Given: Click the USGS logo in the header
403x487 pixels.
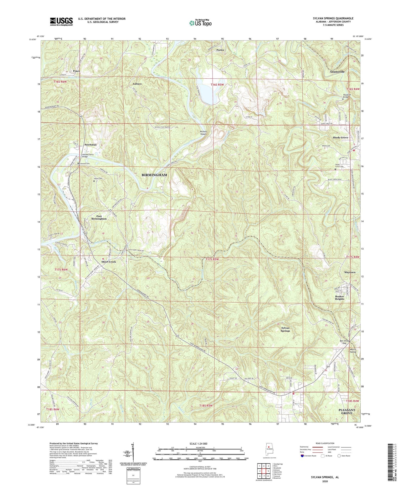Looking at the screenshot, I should coord(61,21).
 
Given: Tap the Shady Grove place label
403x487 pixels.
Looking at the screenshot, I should coord(340,138).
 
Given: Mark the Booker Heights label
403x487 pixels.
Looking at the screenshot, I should coord(339,298).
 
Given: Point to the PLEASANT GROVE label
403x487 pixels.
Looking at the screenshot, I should coord(347,411).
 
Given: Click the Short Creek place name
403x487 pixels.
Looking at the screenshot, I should coord(108,262).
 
